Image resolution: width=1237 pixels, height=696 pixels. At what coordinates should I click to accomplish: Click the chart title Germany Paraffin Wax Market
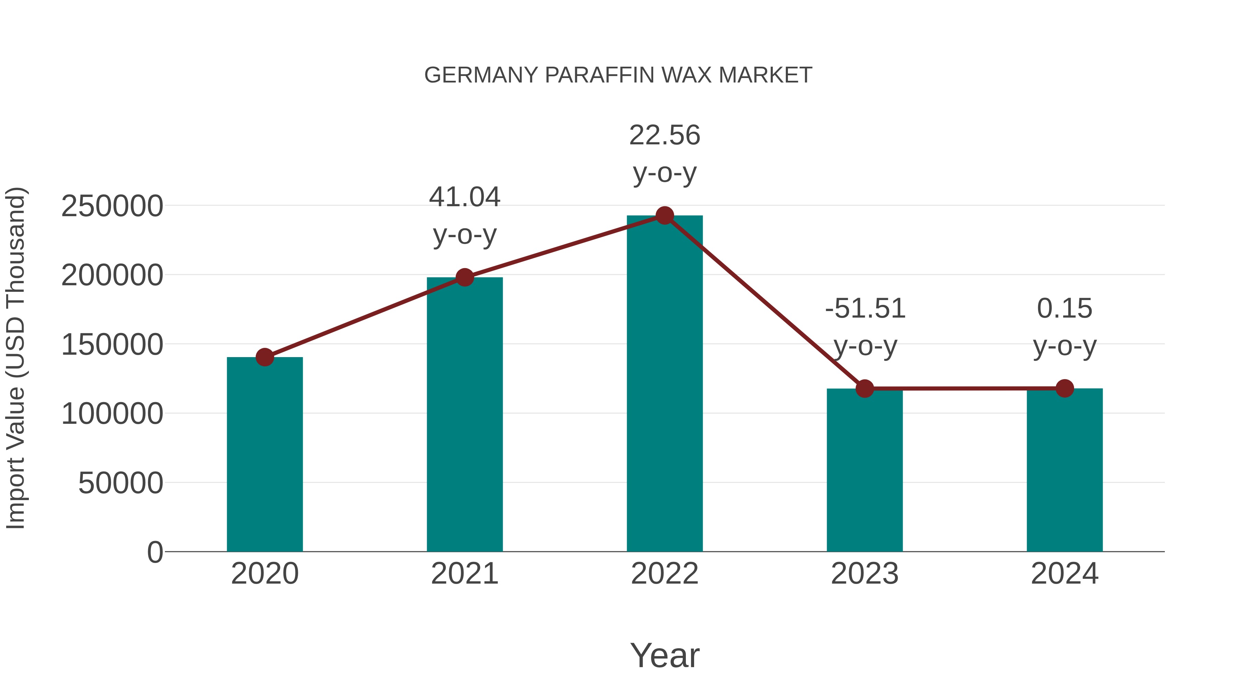coord(618,75)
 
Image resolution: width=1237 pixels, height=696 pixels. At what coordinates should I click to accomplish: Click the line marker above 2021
coord(464,277)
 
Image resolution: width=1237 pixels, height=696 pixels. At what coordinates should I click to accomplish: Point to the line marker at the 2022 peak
coord(665,216)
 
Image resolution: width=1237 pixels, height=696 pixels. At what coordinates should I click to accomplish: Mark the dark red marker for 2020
coord(265,357)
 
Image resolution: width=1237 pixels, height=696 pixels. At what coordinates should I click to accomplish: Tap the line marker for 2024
coord(1065,388)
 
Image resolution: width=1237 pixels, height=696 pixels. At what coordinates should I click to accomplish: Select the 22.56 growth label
coord(665,135)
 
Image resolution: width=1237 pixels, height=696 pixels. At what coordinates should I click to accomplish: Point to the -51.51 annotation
coord(865,308)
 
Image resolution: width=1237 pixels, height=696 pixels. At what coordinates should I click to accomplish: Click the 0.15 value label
coord(1065,308)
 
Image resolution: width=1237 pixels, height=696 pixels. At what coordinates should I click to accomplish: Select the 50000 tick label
coord(121,483)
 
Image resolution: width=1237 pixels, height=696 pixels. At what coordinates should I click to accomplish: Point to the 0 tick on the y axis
coord(155,552)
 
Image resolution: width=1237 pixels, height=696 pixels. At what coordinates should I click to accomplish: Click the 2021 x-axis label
coord(464,574)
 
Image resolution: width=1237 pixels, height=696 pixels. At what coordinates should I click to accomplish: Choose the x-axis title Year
coord(665,655)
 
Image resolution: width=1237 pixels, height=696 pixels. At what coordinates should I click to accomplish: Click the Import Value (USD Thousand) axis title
coord(16,358)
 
